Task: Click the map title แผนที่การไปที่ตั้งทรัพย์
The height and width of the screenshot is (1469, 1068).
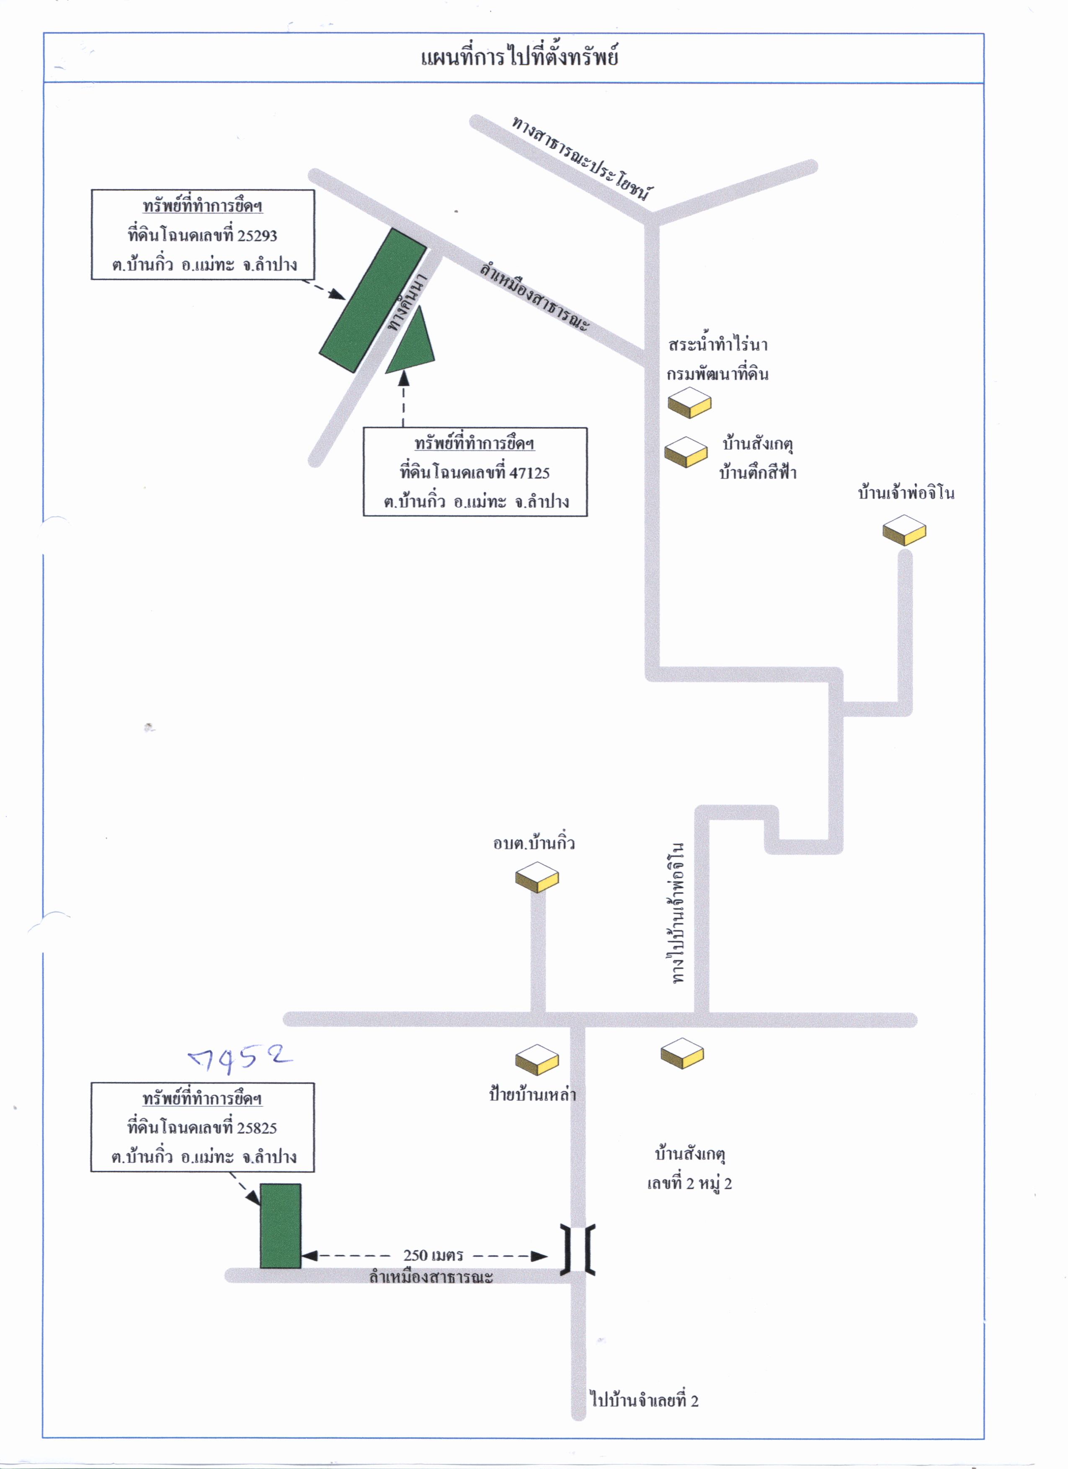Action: click(519, 57)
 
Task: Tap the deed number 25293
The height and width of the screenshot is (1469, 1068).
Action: click(257, 236)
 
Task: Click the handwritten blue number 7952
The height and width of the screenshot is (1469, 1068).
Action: click(240, 1059)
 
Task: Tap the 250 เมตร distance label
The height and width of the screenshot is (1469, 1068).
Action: click(433, 1255)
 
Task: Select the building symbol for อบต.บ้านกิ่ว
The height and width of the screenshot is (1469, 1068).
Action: click(537, 877)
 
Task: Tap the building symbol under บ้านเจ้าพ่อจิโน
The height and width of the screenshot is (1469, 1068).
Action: click(904, 530)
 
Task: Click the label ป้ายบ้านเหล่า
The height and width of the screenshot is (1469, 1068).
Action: click(532, 1095)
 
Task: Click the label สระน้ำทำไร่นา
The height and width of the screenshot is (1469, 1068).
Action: click(717, 345)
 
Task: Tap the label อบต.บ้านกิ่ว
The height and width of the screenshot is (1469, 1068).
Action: click(534, 843)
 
